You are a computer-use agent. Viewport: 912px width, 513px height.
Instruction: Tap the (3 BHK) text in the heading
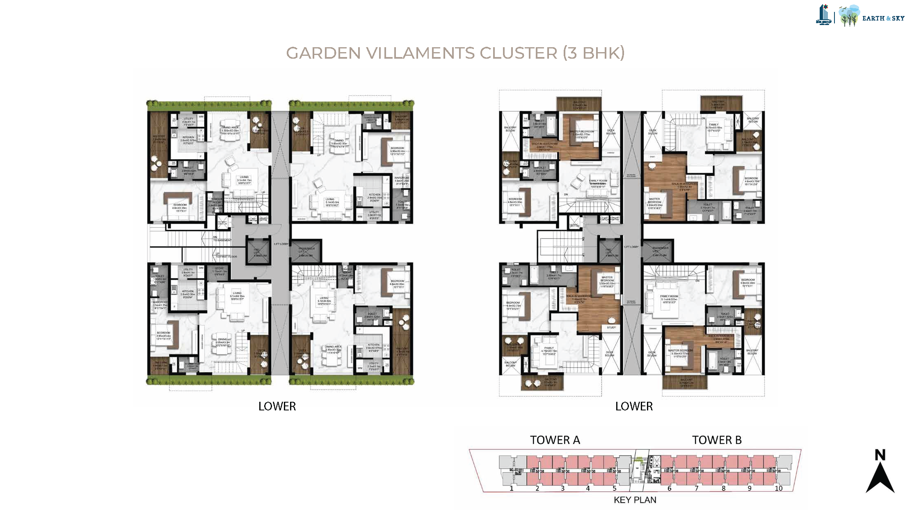(594, 53)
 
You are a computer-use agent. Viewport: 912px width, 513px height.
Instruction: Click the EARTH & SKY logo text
(883, 18)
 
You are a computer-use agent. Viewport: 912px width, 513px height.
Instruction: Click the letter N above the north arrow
(880, 455)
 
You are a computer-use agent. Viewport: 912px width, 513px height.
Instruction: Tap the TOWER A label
(555, 440)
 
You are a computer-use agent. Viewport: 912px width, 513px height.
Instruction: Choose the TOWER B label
(716, 440)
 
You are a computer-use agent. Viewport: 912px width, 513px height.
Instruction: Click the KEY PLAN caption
(635, 500)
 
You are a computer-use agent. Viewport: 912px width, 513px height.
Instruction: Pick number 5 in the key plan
(614, 488)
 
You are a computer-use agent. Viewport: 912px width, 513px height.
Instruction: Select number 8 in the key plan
(723, 488)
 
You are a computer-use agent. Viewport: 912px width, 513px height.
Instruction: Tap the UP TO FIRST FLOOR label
(226, 255)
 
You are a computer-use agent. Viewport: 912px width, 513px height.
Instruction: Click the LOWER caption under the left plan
(277, 406)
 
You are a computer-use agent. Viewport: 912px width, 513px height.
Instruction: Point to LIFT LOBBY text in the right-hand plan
(631, 247)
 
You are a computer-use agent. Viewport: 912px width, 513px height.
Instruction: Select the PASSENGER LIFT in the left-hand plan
(306, 251)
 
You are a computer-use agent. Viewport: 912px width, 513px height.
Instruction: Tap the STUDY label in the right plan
(611, 327)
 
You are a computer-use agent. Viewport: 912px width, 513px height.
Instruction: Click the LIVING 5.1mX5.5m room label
(331, 202)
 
